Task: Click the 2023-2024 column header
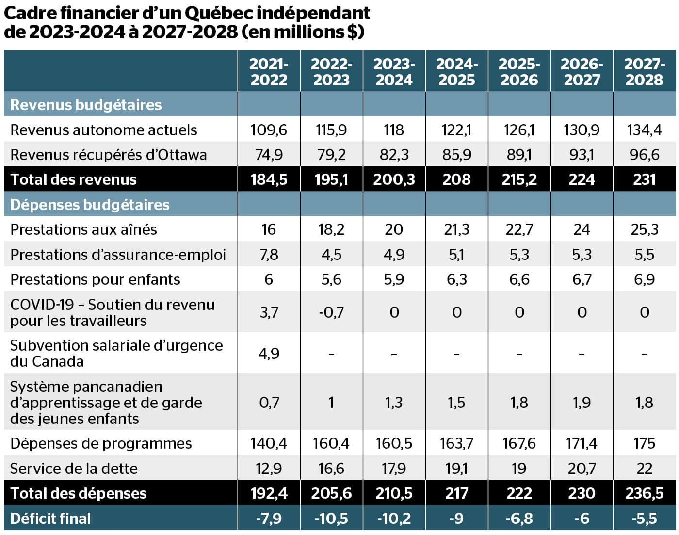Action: click(x=394, y=72)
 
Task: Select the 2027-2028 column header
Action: click(x=644, y=72)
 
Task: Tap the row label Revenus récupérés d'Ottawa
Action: click(x=108, y=155)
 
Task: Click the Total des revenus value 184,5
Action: click(x=269, y=179)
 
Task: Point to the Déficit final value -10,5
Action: click(x=331, y=518)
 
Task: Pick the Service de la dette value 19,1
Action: click(x=456, y=469)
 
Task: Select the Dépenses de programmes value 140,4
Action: click(x=269, y=443)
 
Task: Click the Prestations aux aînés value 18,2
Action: click(x=331, y=229)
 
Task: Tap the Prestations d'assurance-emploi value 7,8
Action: click(x=269, y=255)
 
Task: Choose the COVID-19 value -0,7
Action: click(x=331, y=312)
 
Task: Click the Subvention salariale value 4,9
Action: click(x=269, y=353)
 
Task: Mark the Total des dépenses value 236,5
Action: click(x=644, y=493)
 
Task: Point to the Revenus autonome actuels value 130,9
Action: click(x=582, y=130)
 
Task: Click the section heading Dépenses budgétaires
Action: click(x=90, y=205)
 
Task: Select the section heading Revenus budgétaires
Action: click(x=86, y=105)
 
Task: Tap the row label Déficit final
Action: click(x=50, y=518)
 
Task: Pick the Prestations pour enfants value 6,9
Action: click(x=644, y=279)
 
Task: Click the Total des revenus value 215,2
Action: click(x=519, y=179)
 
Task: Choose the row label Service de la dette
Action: click(x=74, y=469)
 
